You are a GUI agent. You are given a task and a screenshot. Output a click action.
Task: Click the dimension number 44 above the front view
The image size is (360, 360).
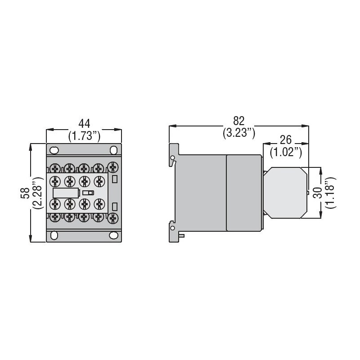click(x=84, y=123)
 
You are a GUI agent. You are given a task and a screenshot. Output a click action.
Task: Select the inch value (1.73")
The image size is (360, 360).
click(x=84, y=135)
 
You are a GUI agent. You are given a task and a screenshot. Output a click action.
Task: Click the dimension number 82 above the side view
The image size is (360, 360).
click(x=238, y=121)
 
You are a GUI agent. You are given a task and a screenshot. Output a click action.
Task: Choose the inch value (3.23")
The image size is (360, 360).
click(x=238, y=133)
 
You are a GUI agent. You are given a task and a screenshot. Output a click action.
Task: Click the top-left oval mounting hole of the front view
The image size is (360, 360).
click(x=54, y=150)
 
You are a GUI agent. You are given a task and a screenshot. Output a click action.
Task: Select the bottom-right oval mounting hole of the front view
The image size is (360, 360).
click(x=114, y=235)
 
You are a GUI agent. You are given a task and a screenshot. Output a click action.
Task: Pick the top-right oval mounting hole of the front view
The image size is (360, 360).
click(x=114, y=150)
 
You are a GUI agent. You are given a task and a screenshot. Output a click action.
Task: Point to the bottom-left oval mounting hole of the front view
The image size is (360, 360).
click(x=54, y=235)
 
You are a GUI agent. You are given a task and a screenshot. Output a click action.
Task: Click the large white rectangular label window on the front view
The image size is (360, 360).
click(x=66, y=193)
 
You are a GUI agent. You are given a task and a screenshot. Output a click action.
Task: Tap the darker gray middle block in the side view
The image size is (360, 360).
click(x=243, y=193)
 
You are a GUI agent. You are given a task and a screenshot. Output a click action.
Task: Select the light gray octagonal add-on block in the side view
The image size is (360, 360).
click(x=284, y=193)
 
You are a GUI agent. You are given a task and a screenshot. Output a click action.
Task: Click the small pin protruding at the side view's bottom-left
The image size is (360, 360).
click(x=181, y=235)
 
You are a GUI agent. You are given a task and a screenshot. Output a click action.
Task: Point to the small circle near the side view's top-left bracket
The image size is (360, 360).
click(x=172, y=157)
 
